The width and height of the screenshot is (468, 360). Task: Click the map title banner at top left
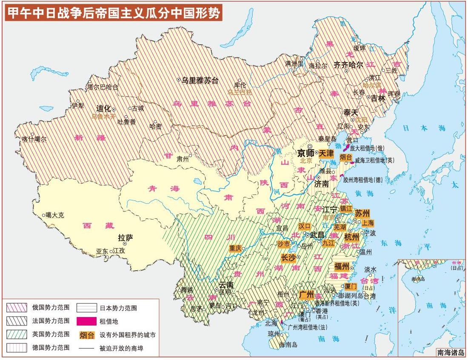[113, 13]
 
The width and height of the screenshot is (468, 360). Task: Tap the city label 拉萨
[125, 237]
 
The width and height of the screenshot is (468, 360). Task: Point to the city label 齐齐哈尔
[348, 65]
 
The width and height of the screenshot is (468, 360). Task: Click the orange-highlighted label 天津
[326, 153]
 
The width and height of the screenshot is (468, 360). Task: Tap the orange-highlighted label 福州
[342, 267]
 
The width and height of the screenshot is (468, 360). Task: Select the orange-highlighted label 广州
[306, 294]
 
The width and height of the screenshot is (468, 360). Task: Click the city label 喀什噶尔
[34, 139]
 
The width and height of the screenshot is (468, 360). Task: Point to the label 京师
[305, 153]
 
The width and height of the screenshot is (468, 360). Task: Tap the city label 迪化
[103, 108]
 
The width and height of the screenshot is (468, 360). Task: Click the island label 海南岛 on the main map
[290, 345]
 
